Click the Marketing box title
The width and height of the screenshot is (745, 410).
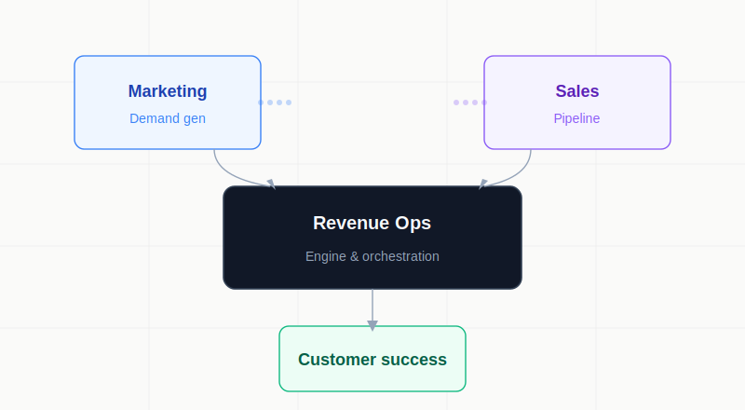tap(168, 91)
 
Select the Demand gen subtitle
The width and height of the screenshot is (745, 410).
tap(168, 118)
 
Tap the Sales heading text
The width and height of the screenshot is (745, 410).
tap(577, 91)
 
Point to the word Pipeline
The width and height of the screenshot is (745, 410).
tap(577, 118)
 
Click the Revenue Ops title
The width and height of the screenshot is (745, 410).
tap(372, 223)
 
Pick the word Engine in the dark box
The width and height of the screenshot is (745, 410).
tap(325, 256)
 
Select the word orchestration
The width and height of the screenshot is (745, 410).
tap(400, 256)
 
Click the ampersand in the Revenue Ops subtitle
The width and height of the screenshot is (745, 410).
tap(354, 256)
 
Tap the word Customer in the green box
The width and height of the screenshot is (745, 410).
tap(337, 360)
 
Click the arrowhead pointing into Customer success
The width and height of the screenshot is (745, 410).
tap(372, 325)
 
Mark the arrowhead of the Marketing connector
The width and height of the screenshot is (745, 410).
tap(271, 184)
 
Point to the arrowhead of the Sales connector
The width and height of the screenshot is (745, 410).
tap(482, 184)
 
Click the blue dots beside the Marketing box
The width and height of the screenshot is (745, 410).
tap(275, 102)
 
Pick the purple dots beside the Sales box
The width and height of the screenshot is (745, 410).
tap(470, 102)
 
